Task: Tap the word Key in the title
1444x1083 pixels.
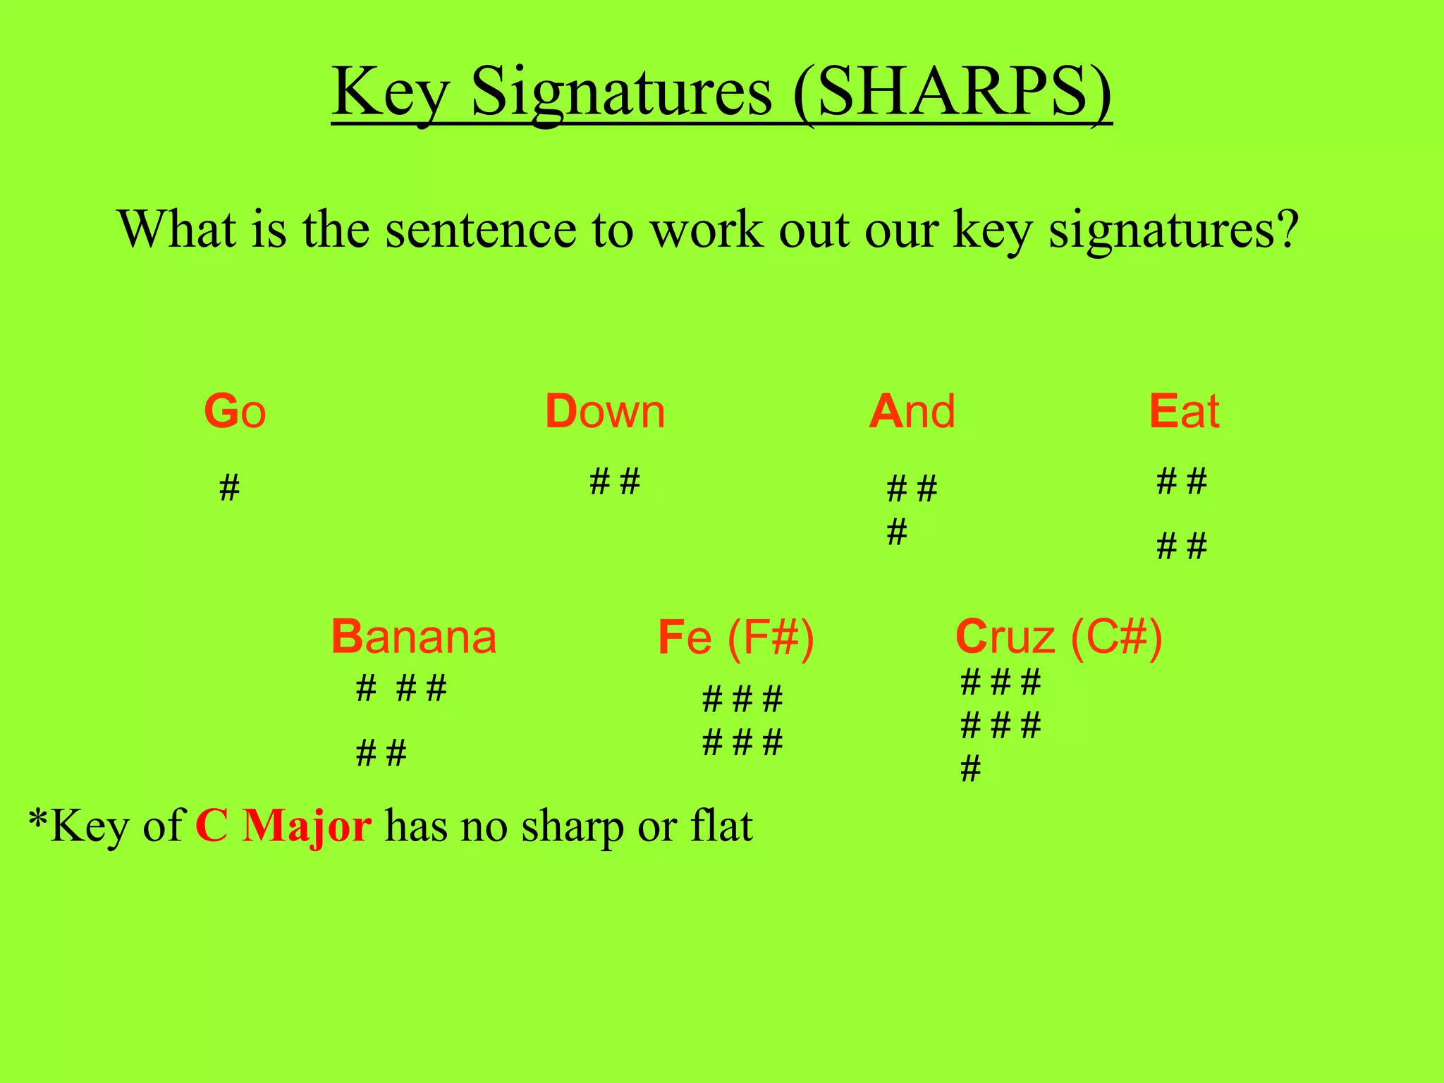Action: click(390, 93)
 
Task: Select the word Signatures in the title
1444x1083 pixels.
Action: click(621, 93)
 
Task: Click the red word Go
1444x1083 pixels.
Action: click(235, 412)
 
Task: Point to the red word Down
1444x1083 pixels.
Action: click(605, 412)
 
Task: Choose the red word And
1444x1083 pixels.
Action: click(912, 412)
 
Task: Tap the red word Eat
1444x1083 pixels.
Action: click(1184, 412)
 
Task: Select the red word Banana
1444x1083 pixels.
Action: click(414, 637)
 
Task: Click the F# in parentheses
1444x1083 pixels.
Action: click(771, 638)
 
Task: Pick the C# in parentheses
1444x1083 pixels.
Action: click(1116, 638)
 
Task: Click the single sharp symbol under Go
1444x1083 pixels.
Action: click(229, 488)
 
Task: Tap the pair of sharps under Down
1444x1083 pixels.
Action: click(614, 482)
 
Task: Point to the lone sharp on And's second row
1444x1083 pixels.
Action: click(896, 532)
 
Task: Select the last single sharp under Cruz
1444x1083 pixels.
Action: click(970, 769)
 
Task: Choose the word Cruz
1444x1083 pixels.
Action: click(1005, 637)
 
